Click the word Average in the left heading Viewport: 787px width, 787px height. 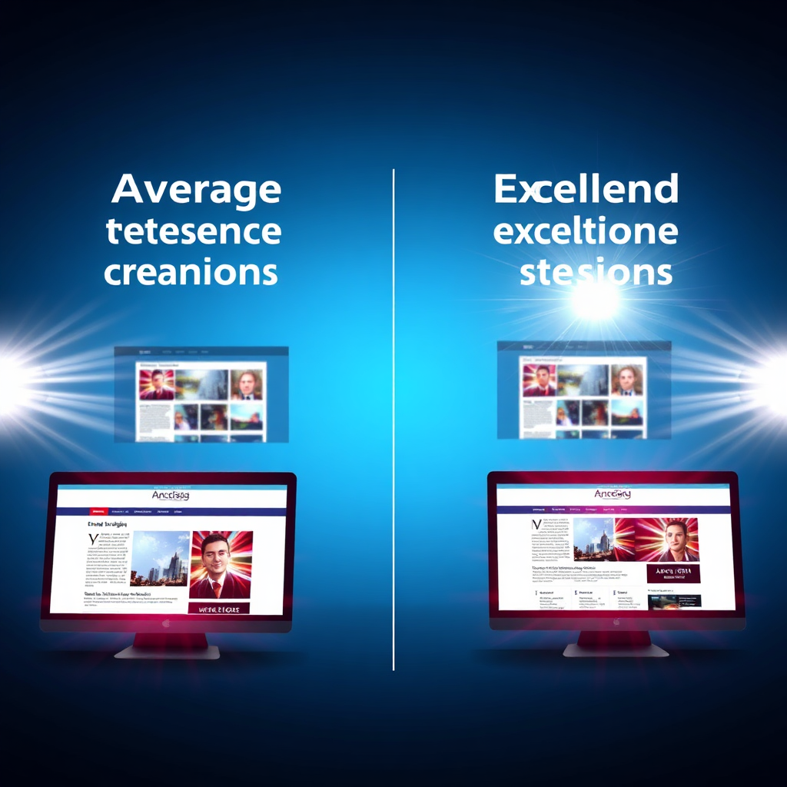196,190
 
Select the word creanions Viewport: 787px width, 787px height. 191,272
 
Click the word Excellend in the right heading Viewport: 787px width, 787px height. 586,190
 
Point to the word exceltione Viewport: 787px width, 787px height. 586,231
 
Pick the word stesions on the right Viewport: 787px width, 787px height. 596,272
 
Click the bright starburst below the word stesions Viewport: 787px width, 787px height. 595,301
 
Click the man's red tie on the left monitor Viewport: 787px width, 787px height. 218,587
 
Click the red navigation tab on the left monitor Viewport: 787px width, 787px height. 98,510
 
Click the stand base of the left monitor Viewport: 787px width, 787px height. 168,652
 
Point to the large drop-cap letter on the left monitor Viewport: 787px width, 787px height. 93,539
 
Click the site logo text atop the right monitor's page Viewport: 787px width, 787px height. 612,494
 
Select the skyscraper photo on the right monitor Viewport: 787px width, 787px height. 593,540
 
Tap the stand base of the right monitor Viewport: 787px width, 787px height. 616,650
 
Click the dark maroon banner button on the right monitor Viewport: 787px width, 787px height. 673,573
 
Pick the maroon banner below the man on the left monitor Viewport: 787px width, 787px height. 219,608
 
